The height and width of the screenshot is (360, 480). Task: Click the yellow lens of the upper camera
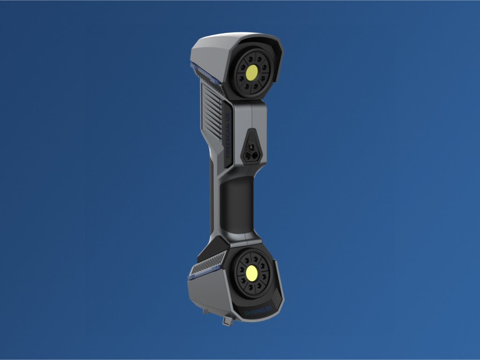click(252, 71)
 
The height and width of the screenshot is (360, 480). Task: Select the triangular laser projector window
click(251, 147)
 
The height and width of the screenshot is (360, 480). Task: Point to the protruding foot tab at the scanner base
click(228, 321)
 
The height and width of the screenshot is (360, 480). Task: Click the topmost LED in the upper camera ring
click(252, 55)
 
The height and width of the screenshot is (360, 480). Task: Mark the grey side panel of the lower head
click(209, 293)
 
